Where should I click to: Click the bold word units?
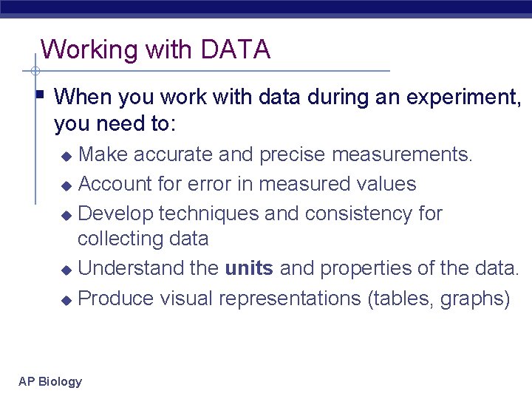coord(249,269)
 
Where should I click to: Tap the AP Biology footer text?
coord(50,381)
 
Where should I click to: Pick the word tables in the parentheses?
coord(403,299)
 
